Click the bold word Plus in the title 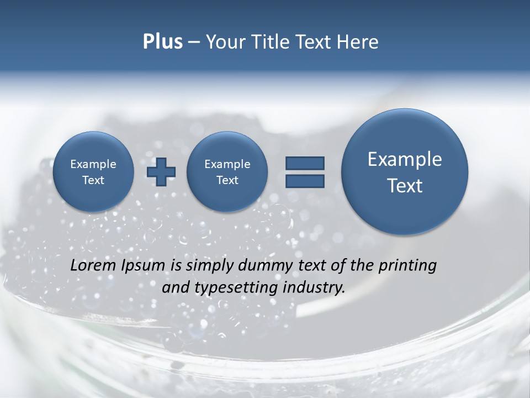tap(162, 42)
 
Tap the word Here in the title tap(358, 42)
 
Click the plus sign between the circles tap(161, 171)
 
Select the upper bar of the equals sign tap(305, 163)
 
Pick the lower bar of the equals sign tap(305, 181)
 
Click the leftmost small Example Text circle tap(93, 171)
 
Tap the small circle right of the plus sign tap(227, 171)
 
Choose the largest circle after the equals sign tap(405, 171)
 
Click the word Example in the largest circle tap(405, 159)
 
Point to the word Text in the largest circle tap(405, 186)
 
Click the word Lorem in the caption tap(94, 265)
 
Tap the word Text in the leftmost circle tap(93, 180)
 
